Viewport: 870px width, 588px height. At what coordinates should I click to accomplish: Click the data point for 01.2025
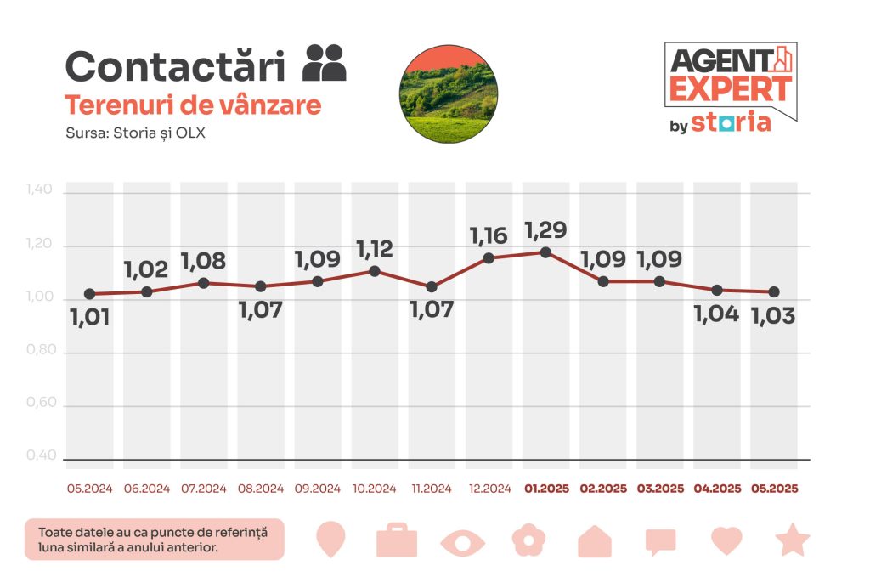545,252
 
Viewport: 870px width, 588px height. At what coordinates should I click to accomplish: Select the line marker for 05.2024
89,294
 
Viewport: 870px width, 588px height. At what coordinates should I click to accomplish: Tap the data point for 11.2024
432,287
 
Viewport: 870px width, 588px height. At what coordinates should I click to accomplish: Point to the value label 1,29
545,230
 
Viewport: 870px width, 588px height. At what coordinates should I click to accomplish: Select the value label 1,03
773,317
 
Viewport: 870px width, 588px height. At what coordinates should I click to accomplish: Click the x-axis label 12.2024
489,489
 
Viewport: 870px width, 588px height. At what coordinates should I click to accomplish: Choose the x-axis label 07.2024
204,489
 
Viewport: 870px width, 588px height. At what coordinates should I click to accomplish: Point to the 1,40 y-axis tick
41,192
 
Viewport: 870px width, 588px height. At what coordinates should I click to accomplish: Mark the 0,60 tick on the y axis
41,404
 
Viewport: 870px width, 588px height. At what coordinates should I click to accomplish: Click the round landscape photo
448,94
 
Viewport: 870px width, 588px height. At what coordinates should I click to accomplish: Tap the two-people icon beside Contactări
325,63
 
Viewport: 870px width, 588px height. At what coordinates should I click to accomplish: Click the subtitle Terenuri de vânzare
193,105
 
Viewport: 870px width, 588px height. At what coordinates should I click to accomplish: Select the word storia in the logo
731,122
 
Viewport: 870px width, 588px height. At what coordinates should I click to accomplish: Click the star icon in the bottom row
792,540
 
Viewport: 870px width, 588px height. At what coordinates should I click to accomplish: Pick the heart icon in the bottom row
726,540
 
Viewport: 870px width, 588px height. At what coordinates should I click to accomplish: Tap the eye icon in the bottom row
463,542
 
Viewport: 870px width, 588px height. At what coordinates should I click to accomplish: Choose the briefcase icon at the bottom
397,540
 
